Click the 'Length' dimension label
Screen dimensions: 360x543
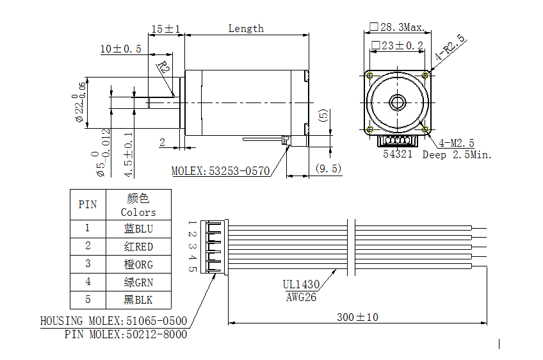click(x=246, y=28)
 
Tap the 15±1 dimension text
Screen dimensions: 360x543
click(x=165, y=29)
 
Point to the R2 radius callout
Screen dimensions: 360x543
click(x=163, y=67)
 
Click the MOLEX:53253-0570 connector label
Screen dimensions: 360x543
click(x=220, y=171)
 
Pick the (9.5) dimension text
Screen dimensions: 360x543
click(x=328, y=168)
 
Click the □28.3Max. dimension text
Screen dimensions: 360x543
click(x=396, y=28)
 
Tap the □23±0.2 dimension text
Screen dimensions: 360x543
click(x=397, y=45)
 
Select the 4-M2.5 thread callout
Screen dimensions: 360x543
click(x=456, y=143)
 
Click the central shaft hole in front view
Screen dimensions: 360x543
click(x=397, y=102)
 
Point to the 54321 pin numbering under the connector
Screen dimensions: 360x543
click(x=398, y=154)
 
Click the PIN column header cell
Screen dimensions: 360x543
click(x=88, y=205)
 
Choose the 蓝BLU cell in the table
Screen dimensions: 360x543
click(x=138, y=228)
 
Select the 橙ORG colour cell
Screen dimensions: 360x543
click(x=138, y=264)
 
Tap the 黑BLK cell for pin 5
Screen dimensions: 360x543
click(x=138, y=300)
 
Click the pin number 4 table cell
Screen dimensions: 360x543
click(x=88, y=282)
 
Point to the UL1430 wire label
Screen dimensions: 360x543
click(x=301, y=284)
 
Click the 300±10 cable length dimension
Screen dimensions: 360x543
click(x=357, y=317)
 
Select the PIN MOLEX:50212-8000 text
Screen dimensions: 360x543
click(x=126, y=334)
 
